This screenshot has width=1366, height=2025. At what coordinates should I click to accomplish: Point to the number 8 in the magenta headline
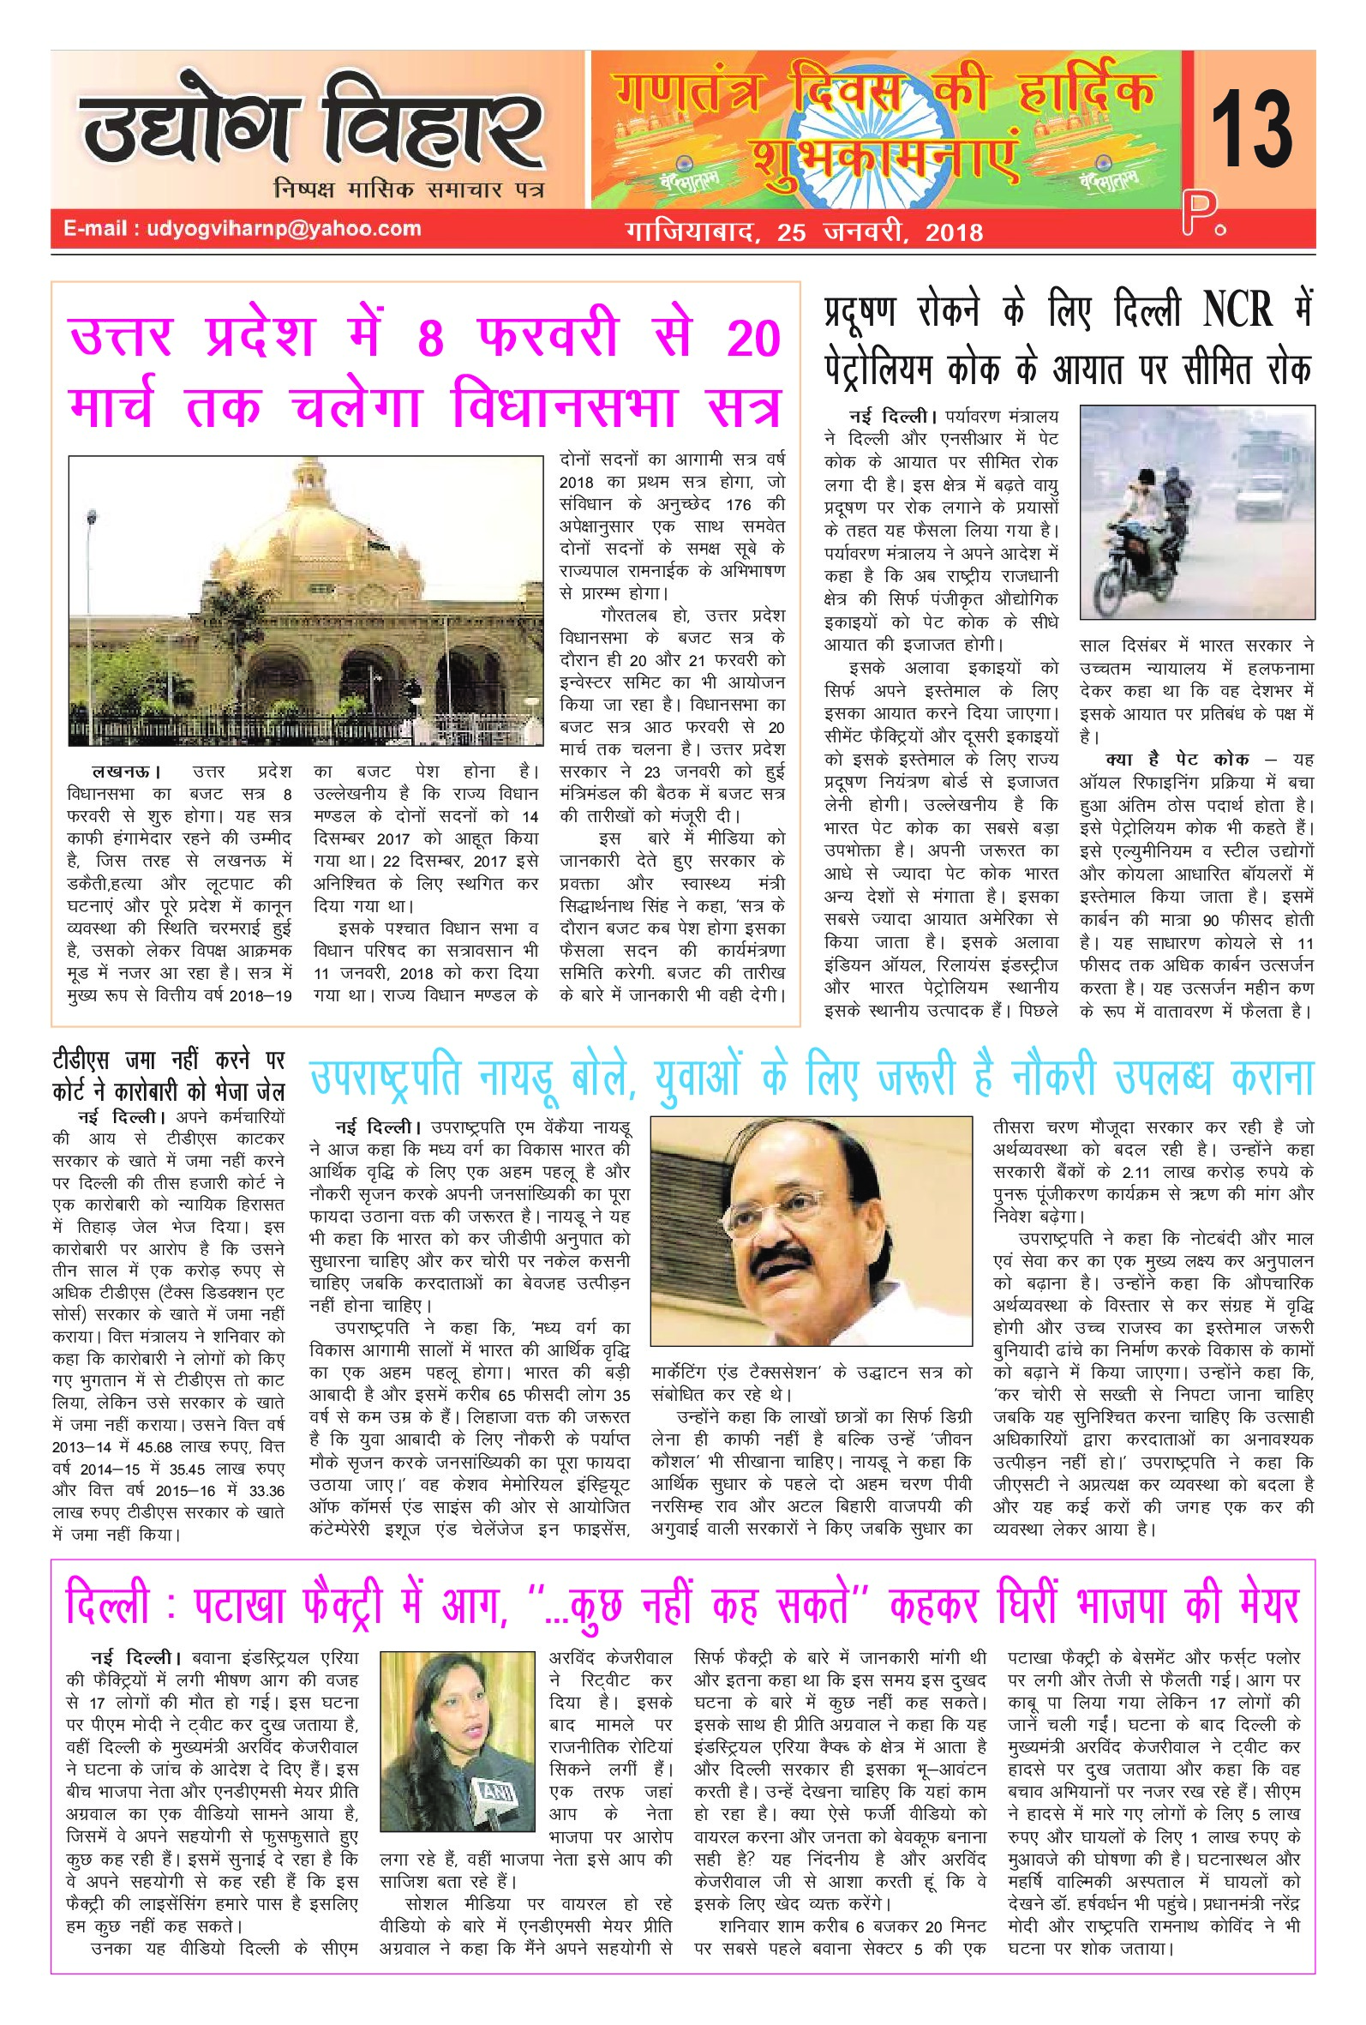click(x=429, y=339)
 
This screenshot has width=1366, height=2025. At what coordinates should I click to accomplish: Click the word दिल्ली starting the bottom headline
click(x=109, y=1604)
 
